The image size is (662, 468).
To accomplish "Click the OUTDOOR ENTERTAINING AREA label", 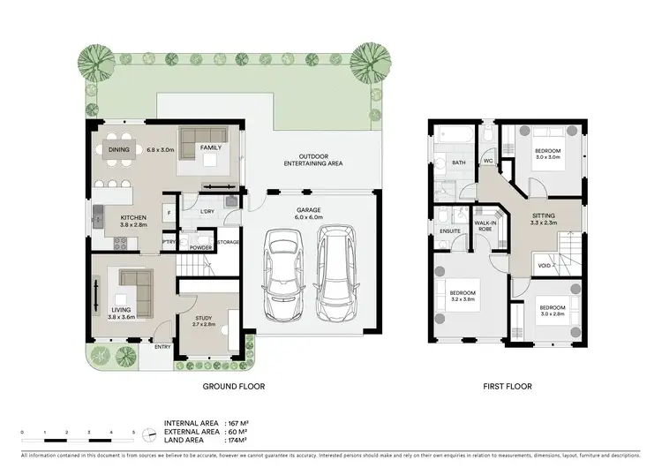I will click(x=313, y=161).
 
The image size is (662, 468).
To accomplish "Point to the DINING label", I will click(x=119, y=150).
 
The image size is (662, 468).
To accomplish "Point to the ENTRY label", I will click(x=162, y=347).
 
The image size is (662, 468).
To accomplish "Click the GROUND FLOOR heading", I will click(x=234, y=386).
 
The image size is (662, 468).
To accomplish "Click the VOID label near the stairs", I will click(x=545, y=265).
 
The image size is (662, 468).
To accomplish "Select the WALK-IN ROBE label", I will click(x=485, y=225).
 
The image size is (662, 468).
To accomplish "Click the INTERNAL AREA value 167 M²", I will click(x=239, y=424).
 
